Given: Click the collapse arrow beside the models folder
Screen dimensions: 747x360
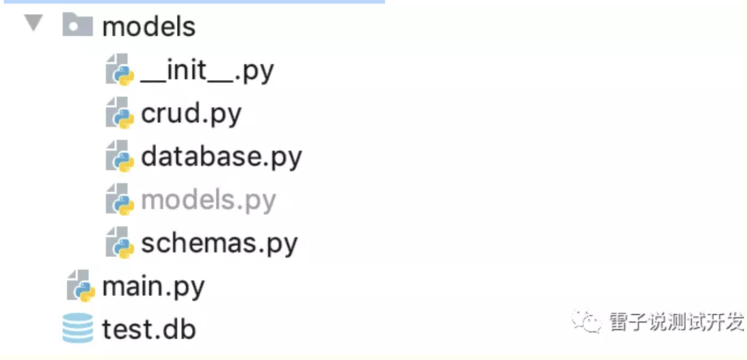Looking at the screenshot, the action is [x=34, y=24].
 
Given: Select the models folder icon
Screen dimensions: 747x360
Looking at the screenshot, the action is [x=77, y=26].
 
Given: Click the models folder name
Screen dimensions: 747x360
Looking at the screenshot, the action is [x=149, y=27].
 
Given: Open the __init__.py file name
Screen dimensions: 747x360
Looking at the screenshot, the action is [x=207, y=71].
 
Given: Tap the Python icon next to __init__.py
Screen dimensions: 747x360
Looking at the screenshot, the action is [x=120, y=69].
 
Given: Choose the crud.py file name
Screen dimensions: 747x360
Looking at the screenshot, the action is [x=191, y=114].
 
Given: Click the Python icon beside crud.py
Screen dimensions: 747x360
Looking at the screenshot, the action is [x=120, y=113].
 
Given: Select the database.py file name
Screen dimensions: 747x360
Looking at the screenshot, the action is [x=221, y=157].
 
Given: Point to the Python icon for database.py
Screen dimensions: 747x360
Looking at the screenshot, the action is [x=120, y=156].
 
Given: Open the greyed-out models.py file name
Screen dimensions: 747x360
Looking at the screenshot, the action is [x=208, y=200].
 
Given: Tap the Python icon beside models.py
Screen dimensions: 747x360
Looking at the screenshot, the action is [x=120, y=199].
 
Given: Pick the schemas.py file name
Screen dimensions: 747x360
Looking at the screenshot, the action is [x=219, y=243].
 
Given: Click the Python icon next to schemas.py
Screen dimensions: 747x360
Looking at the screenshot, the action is [x=120, y=242].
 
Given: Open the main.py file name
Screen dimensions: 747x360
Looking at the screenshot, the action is [x=153, y=287].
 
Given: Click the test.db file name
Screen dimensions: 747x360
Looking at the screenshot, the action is [x=149, y=329].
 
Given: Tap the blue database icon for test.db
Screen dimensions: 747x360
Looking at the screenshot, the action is [x=77, y=328].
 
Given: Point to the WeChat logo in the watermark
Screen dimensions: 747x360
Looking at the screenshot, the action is [x=586, y=322].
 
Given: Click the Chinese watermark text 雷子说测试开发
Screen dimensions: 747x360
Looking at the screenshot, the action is [x=676, y=322].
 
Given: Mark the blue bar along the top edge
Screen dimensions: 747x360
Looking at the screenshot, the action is [x=192, y=2].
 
